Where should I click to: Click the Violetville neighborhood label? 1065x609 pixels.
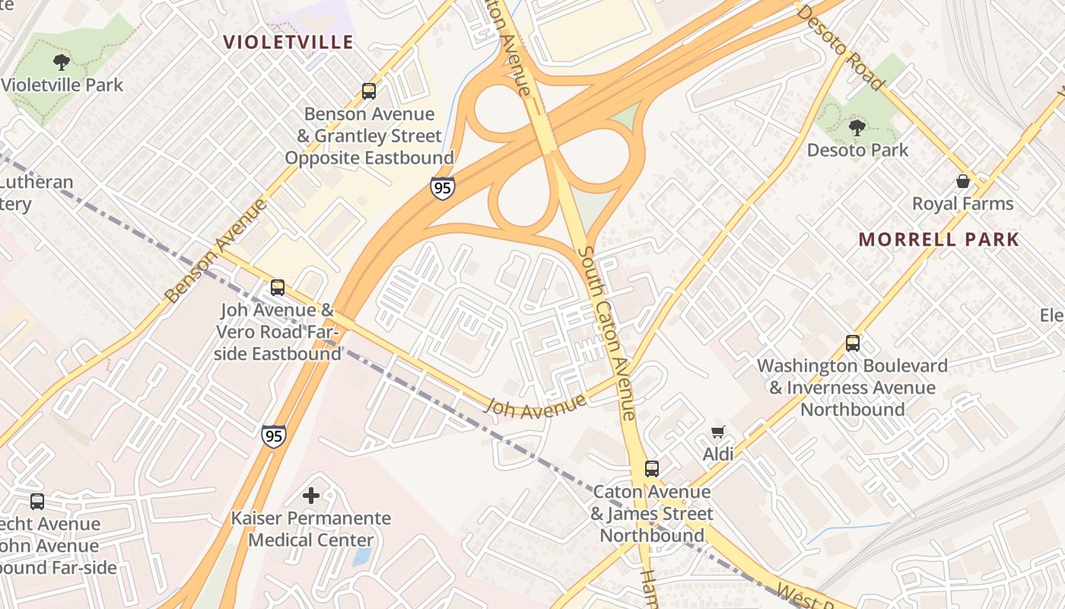288,42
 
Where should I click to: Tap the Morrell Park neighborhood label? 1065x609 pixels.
939,239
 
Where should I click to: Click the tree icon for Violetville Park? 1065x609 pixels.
62,62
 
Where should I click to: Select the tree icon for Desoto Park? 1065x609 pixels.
857,128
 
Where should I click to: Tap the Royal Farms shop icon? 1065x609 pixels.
963,181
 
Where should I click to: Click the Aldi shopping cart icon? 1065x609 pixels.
717,432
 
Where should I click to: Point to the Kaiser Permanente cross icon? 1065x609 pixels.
311,496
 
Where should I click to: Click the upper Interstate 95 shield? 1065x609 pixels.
442,187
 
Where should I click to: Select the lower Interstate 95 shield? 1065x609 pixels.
274,435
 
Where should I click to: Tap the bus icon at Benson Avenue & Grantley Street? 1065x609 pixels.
369,91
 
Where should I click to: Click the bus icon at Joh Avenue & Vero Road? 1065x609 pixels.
278,288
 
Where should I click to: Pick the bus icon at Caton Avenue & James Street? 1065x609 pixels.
652,469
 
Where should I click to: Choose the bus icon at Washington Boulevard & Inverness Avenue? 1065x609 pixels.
853,343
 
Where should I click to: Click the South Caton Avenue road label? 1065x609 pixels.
606,332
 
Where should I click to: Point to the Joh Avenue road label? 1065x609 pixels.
536,405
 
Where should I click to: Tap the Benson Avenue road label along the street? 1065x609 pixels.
216,250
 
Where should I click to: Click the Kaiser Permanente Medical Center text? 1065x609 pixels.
311,529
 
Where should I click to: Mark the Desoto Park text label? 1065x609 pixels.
857,150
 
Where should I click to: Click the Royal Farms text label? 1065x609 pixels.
963,204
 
